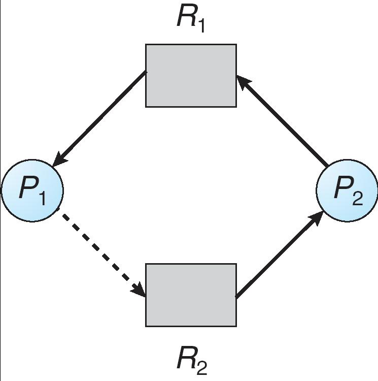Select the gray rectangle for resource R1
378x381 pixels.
[191, 76]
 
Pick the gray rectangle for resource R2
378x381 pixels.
[191, 295]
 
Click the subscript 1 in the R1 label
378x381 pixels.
[201, 25]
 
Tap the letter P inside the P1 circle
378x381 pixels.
[27, 188]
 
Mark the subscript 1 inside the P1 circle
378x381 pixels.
[42, 197]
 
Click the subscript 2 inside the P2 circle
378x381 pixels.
[357, 197]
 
